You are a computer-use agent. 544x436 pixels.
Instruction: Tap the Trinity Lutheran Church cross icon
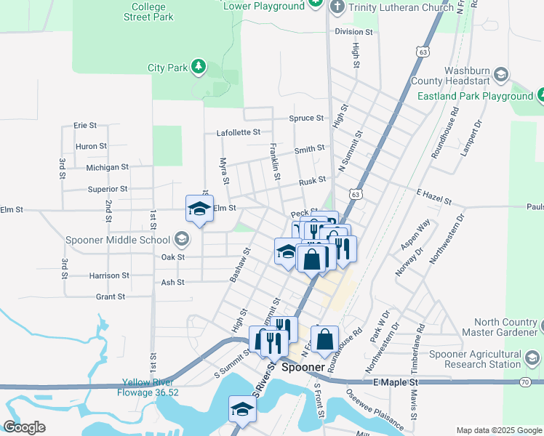coord(336,7)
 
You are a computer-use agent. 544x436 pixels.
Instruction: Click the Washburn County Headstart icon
coord(500,74)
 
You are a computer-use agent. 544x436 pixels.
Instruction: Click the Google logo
coord(24,427)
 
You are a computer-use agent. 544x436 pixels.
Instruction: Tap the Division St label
coord(353,32)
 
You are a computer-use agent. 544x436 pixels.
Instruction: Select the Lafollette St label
coord(238,132)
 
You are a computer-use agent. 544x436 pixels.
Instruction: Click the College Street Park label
coord(148,11)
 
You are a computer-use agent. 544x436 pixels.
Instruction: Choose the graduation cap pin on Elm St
coord(199,209)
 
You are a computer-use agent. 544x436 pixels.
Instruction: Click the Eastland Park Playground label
coord(475,96)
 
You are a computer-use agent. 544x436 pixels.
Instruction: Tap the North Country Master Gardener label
coord(505,328)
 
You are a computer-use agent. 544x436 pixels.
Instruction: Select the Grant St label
coord(111,296)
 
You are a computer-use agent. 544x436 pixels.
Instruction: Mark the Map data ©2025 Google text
coord(497,430)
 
